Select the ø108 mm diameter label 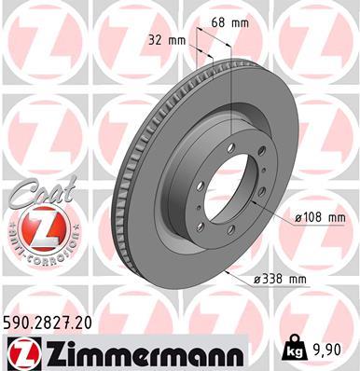(x=320, y=216)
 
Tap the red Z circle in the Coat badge (x=36, y=227)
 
